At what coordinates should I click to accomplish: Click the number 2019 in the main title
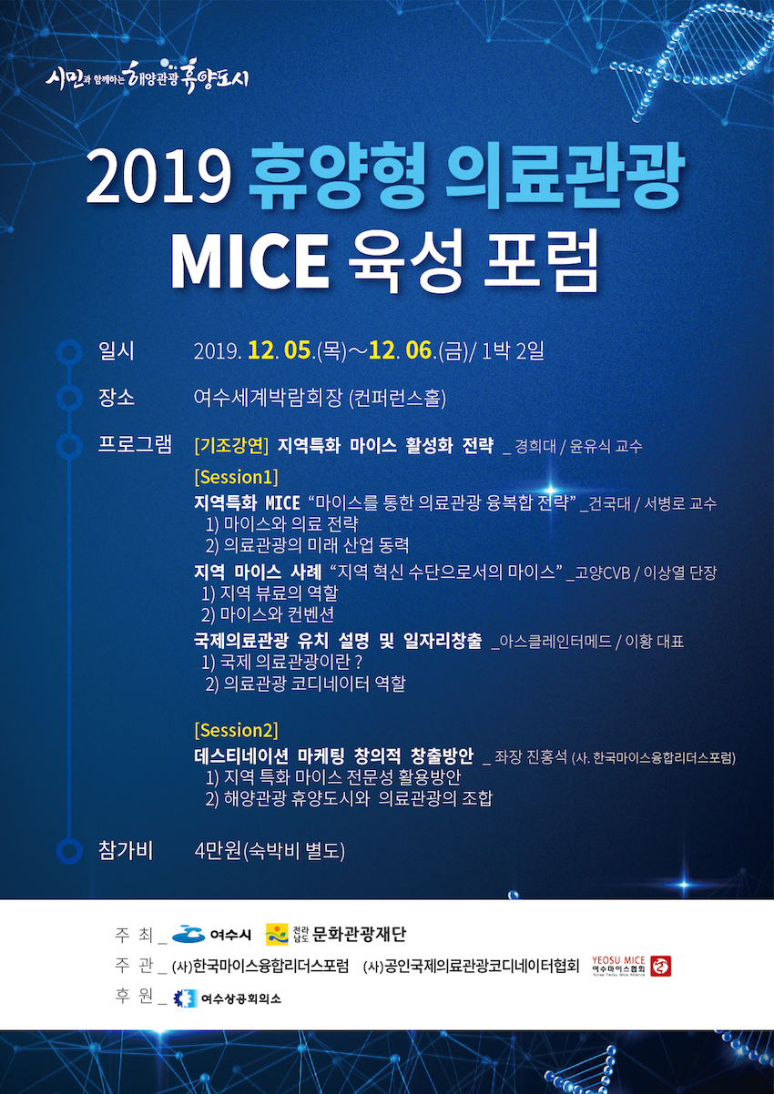pyautogui.click(x=158, y=178)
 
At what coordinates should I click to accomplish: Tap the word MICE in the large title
pyautogui.click(x=250, y=264)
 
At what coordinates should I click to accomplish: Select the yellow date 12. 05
pyautogui.click(x=280, y=350)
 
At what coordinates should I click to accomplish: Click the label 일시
pyautogui.click(x=117, y=351)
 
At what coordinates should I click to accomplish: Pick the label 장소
pyautogui.click(x=117, y=398)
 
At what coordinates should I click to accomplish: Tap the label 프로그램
pyautogui.click(x=135, y=445)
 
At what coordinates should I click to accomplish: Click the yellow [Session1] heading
pyautogui.click(x=236, y=477)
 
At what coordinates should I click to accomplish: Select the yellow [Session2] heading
pyautogui.click(x=236, y=730)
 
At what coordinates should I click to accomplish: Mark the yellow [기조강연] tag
pyautogui.click(x=231, y=445)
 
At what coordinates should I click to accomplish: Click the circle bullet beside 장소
pyautogui.click(x=69, y=398)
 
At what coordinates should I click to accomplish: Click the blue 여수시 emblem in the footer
pyautogui.click(x=188, y=934)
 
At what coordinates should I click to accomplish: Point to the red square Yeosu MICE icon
pyautogui.click(x=661, y=966)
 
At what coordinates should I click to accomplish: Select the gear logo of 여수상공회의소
pyautogui.click(x=185, y=998)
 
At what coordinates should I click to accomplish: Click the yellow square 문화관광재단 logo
pyautogui.click(x=277, y=935)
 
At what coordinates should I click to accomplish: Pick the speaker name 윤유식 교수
pyautogui.click(x=606, y=446)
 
